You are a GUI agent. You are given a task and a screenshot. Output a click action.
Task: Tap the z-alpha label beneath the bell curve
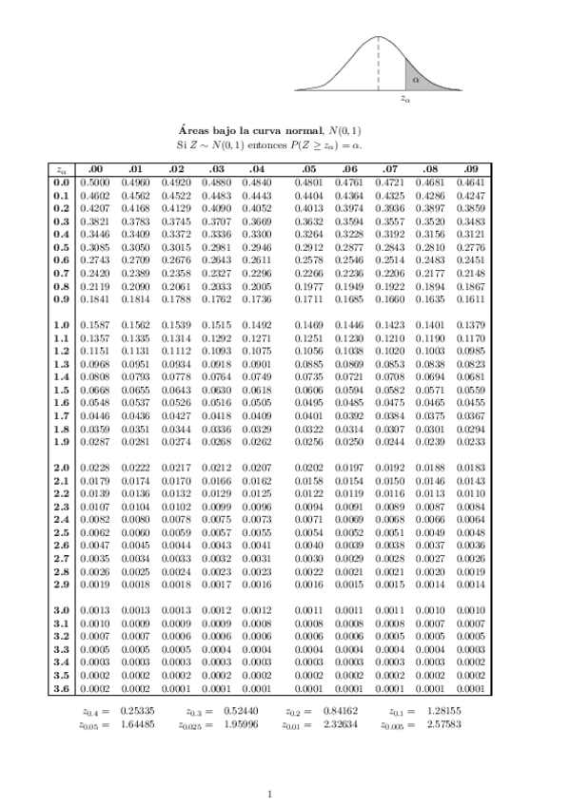tap(405, 97)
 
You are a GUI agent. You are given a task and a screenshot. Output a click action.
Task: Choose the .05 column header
tap(308, 170)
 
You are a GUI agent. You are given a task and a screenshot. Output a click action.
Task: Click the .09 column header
tap(471, 170)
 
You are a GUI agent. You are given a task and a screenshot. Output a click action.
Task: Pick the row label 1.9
tap(62, 441)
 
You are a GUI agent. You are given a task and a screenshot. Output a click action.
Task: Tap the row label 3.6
tap(62, 689)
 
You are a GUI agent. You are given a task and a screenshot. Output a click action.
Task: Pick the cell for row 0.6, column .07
tap(391, 259)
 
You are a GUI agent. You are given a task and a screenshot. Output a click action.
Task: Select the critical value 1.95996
tap(241, 723)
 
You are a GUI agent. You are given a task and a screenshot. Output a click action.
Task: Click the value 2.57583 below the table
tap(444, 723)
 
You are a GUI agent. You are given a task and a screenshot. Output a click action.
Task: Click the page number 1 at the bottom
tap(270, 794)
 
